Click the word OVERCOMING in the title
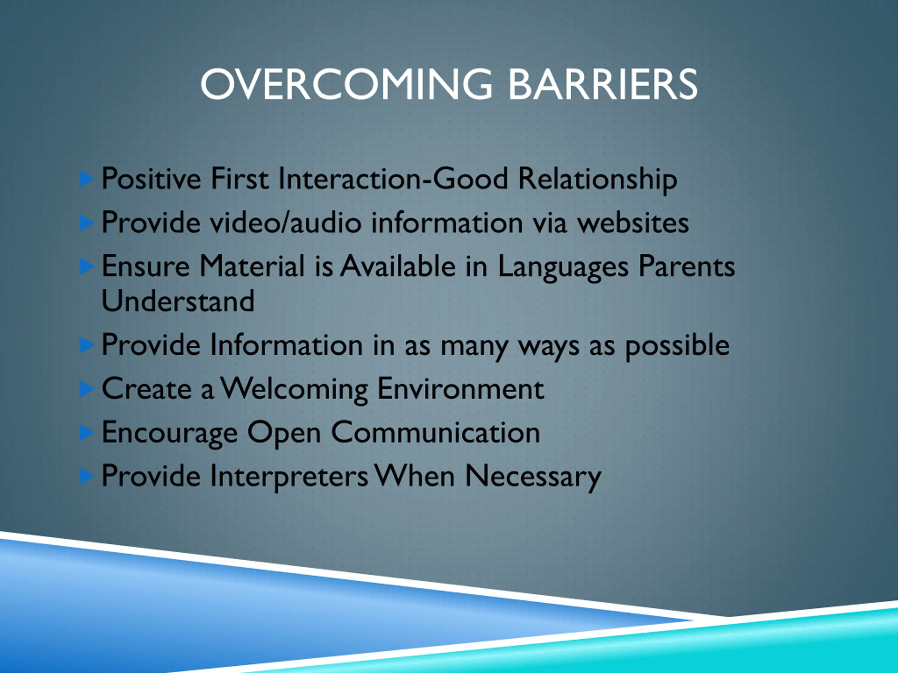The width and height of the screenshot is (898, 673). click(346, 84)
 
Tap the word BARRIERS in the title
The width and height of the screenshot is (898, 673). click(603, 84)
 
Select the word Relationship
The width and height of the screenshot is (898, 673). click(598, 179)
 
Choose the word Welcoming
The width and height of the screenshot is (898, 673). click(294, 389)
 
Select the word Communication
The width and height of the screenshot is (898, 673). click(436, 432)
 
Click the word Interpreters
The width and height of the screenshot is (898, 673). click(289, 476)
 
